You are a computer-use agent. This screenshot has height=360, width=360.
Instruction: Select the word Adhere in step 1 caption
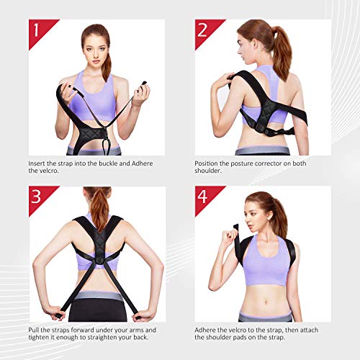tap(143, 163)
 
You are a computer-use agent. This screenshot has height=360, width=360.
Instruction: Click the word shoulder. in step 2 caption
tap(208, 171)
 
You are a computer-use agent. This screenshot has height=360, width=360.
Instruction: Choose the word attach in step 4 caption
tap(307, 330)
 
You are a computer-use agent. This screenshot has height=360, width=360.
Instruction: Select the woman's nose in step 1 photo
tap(96, 55)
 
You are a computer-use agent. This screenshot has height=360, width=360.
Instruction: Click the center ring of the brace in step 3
tap(99, 261)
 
